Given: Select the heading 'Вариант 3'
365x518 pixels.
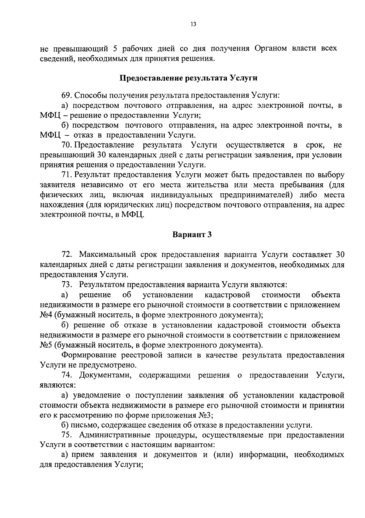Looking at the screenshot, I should click(192, 235).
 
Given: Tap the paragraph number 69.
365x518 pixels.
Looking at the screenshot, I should click(66, 96).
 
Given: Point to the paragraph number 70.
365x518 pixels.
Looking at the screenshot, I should click(66, 145).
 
